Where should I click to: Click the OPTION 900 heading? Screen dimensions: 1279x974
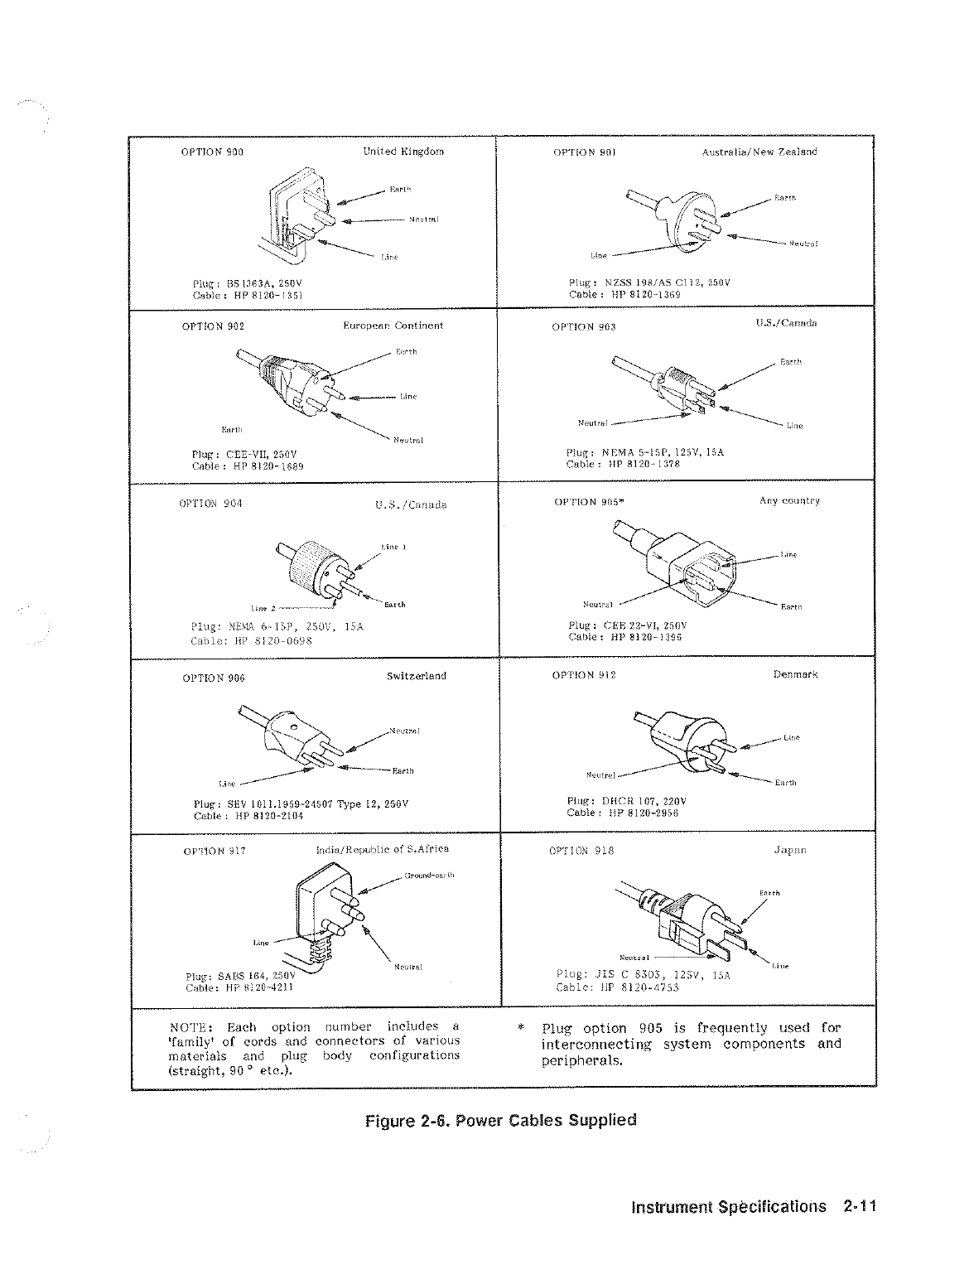[x=212, y=152]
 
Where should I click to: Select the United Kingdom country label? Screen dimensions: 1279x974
[x=403, y=152]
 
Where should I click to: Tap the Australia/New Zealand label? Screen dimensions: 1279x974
[x=759, y=152]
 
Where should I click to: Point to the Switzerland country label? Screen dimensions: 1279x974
[x=417, y=676]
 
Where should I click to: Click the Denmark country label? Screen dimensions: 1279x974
[x=795, y=674]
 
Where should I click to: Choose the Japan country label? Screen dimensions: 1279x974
[x=789, y=850]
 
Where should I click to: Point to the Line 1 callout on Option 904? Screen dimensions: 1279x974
[x=391, y=547]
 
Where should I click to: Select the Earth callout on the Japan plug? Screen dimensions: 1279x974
[x=769, y=893]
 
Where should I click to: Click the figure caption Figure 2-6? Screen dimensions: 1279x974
[x=501, y=1121]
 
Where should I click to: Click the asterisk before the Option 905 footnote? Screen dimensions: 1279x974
[x=520, y=1029]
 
